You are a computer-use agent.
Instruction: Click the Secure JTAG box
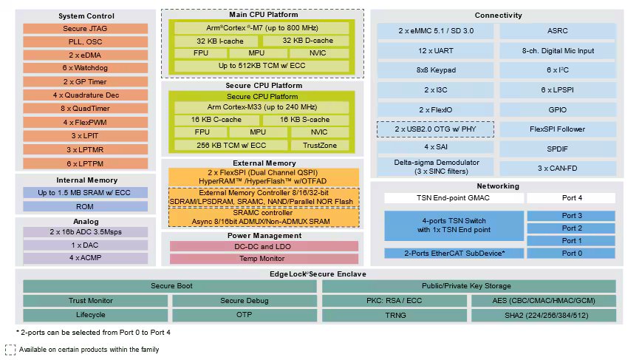point(85,29)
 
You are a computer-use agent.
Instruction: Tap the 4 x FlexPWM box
point(85,122)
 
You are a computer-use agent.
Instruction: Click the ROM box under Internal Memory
point(85,206)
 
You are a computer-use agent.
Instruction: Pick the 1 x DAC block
point(85,245)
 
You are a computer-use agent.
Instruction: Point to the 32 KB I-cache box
point(216,41)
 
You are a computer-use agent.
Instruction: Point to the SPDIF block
point(558,149)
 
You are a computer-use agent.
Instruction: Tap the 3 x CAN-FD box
point(558,168)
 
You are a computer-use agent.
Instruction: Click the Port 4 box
point(572,198)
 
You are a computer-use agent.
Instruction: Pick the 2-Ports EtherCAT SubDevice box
point(453,254)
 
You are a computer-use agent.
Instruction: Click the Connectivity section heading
point(498,15)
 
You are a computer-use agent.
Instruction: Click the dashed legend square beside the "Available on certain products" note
point(10,350)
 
